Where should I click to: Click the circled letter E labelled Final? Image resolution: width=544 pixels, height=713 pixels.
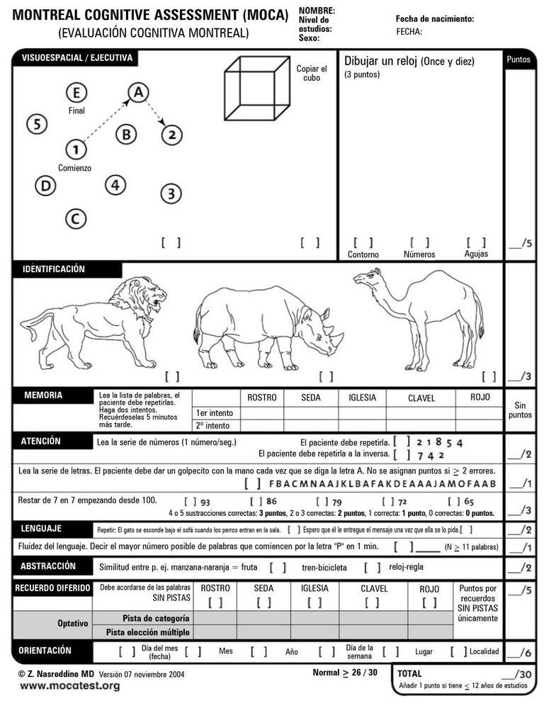[x=76, y=93]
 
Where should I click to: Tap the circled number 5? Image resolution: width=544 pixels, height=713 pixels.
[x=37, y=124]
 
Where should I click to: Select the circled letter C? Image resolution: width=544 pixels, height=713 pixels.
[x=76, y=218]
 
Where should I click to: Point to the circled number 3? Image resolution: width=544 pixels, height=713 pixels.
[x=171, y=193]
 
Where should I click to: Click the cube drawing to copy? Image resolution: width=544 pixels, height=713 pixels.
[x=256, y=89]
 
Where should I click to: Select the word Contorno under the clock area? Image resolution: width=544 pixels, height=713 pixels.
[x=363, y=254]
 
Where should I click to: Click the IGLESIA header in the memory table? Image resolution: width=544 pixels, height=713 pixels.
[x=362, y=398]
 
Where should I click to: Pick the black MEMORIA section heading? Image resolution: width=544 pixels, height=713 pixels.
[x=43, y=395]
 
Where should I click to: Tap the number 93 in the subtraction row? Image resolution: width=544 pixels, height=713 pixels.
[x=205, y=501]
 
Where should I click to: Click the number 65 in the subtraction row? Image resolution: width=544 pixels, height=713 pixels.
[x=469, y=501]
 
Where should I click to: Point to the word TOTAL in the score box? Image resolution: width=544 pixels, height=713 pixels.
[x=409, y=674]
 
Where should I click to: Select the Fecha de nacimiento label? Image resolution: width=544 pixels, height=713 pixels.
[x=434, y=19]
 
